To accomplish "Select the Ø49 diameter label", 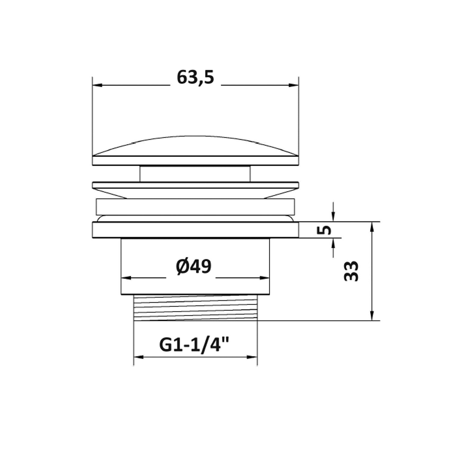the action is click(194, 266).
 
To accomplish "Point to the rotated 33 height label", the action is click(351, 271).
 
